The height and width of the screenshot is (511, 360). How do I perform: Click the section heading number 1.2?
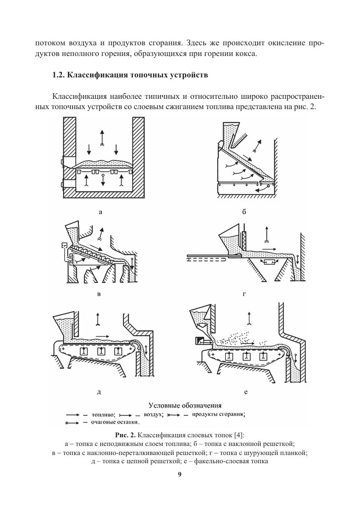(x=59, y=75)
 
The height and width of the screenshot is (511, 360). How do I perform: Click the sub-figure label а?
(x=100, y=212)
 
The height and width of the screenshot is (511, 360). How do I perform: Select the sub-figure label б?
(x=244, y=212)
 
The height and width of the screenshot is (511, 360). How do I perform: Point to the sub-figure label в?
(x=99, y=294)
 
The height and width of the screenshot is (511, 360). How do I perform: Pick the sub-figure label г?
(x=244, y=294)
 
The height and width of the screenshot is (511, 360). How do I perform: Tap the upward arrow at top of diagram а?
(x=102, y=138)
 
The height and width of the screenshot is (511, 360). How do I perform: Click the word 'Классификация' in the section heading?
(x=97, y=75)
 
